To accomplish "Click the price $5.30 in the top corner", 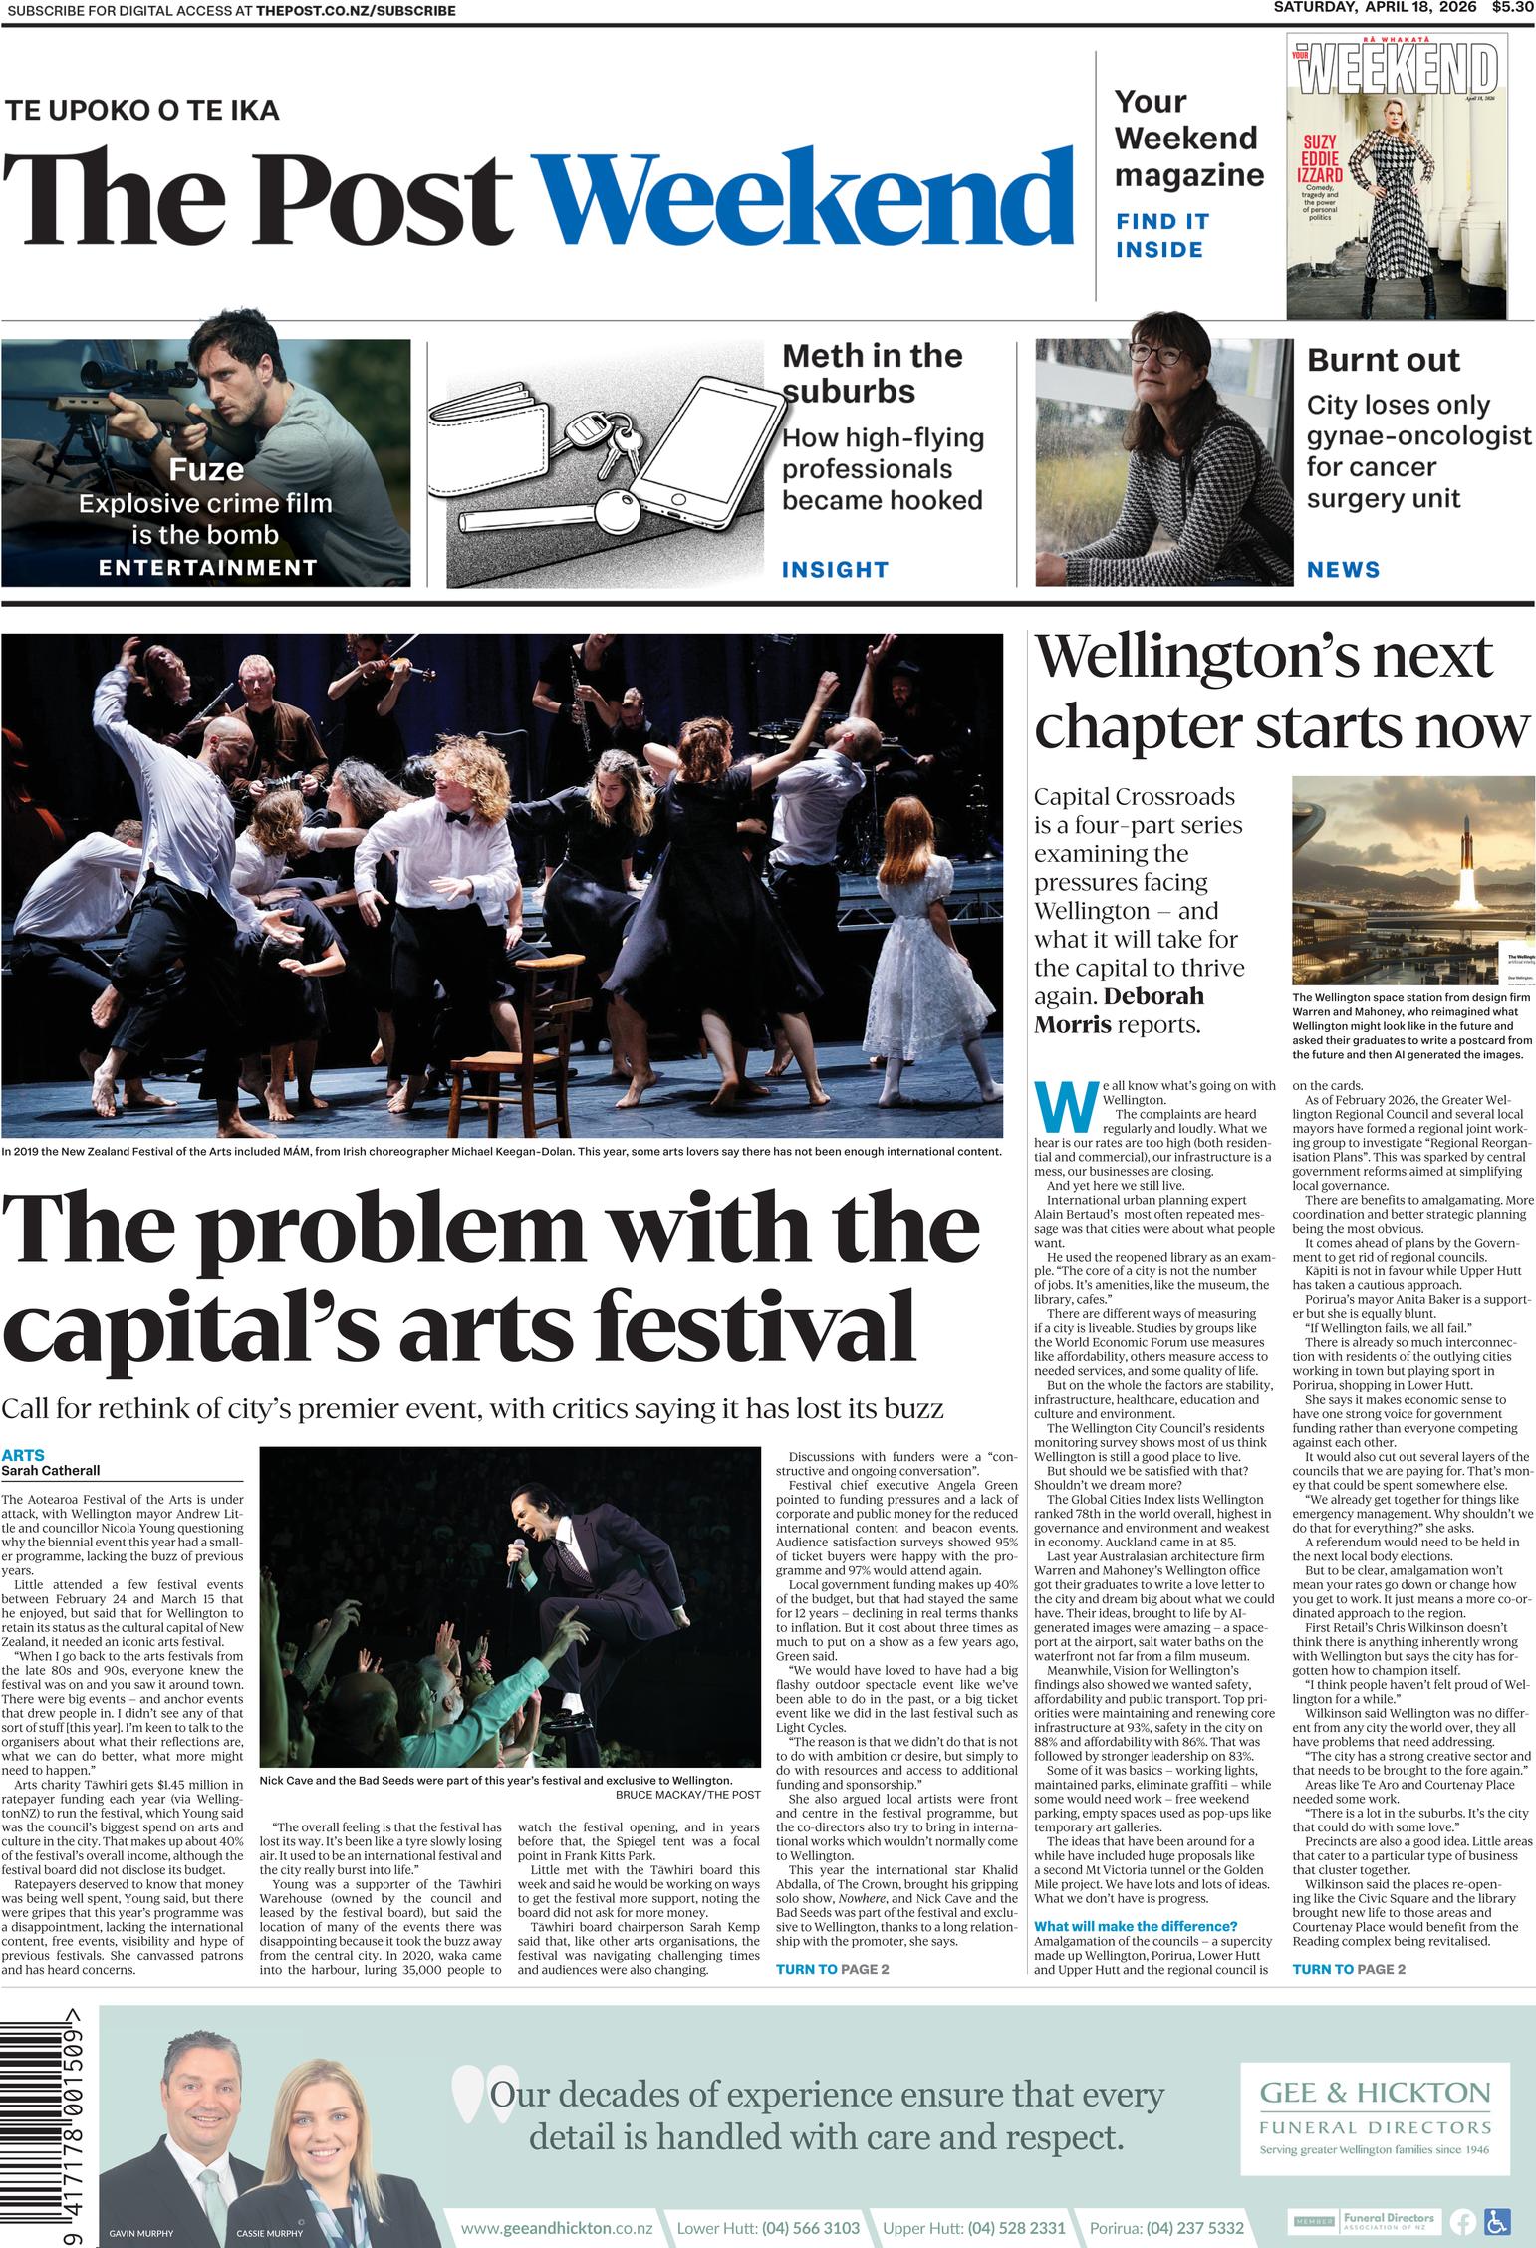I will coord(1512,8).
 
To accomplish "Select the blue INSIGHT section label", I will coord(834,570).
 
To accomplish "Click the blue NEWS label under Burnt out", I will coord(1343,570).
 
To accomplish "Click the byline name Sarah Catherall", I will coord(51,1471).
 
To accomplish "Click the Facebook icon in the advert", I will coord(1463,2221).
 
